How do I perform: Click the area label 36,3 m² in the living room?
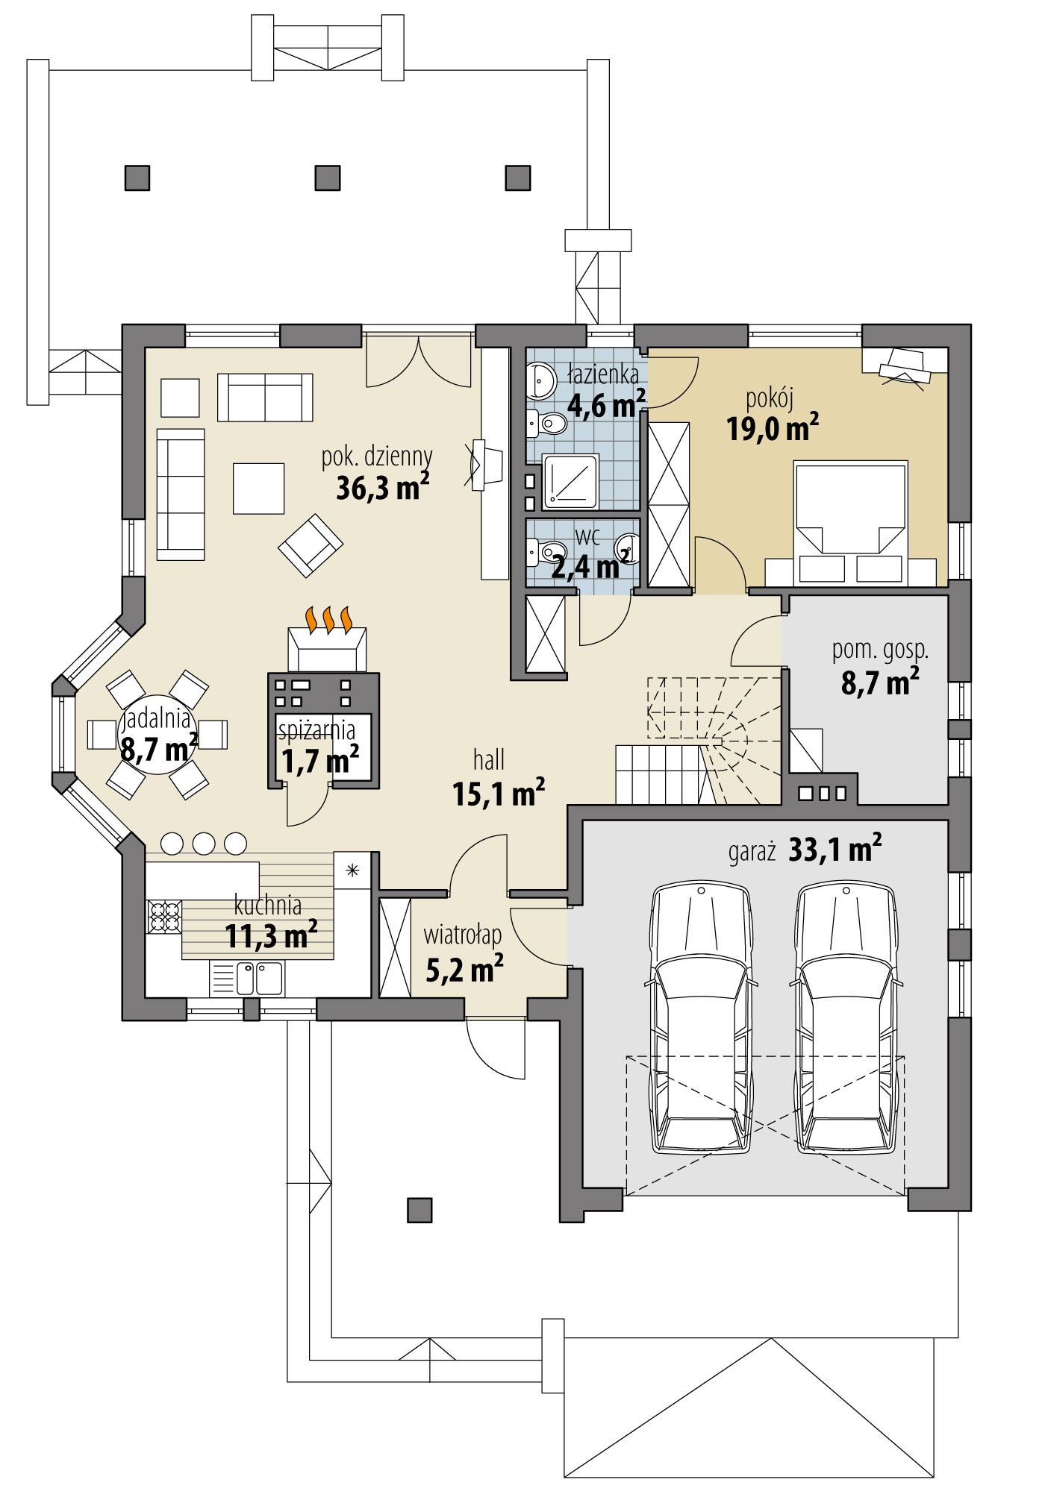click(381, 489)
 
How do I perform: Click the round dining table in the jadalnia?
click(157, 735)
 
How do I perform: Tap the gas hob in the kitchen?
click(164, 917)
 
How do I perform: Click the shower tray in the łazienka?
click(570, 481)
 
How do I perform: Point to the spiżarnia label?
click(316, 729)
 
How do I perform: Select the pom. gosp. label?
click(880, 650)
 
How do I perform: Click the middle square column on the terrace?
click(328, 178)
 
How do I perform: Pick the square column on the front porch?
click(419, 1210)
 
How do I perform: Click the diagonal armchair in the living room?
click(311, 545)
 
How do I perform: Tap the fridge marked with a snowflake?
click(352, 870)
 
